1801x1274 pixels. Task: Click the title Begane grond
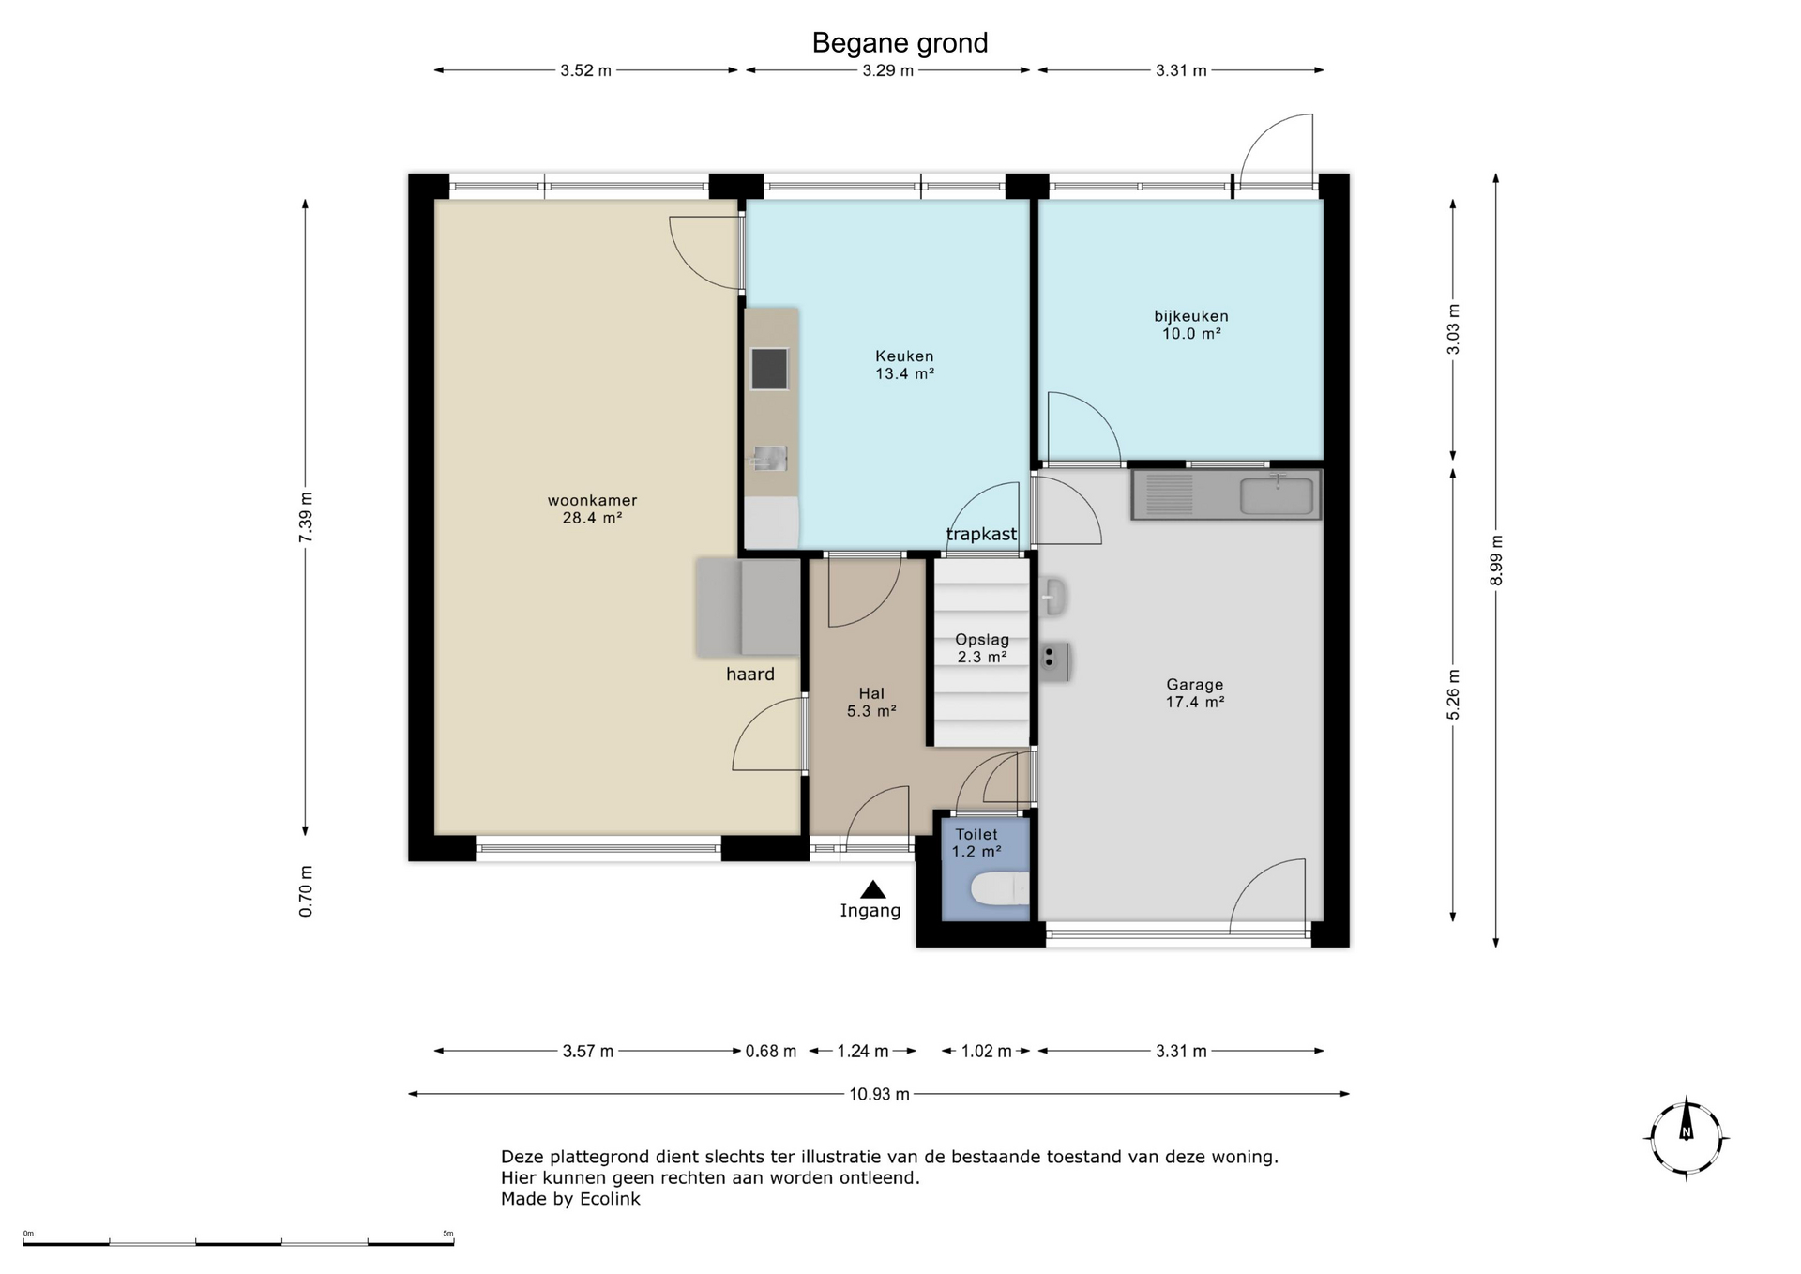tap(900, 43)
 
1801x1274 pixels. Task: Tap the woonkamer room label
tap(593, 508)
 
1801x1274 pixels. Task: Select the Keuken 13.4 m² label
tap(904, 365)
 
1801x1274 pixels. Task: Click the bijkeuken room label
tap(1191, 325)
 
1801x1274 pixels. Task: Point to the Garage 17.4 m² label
tap(1195, 693)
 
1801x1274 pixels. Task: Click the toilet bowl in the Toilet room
tap(1000, 888)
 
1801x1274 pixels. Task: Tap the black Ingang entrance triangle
tap(873, 889)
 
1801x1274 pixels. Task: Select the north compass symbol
tap(1687, 1137)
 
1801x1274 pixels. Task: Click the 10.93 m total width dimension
tap(879, 1094)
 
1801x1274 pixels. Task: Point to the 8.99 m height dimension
tap(1496, 560)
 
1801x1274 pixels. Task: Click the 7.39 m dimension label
tap(306, 517)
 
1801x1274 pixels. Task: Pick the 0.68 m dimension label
tap(771, 1052)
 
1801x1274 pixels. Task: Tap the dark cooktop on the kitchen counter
tap(769, 369)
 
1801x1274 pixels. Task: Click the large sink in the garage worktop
tap(1278, 495)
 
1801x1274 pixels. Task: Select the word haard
tap(750, 674)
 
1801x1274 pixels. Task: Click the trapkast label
tap(981, 535)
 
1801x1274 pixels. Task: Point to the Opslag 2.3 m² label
tap(982, 648)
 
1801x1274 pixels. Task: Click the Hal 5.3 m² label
tap(871, 703)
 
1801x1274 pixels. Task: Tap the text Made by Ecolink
tap(570, 1199)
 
